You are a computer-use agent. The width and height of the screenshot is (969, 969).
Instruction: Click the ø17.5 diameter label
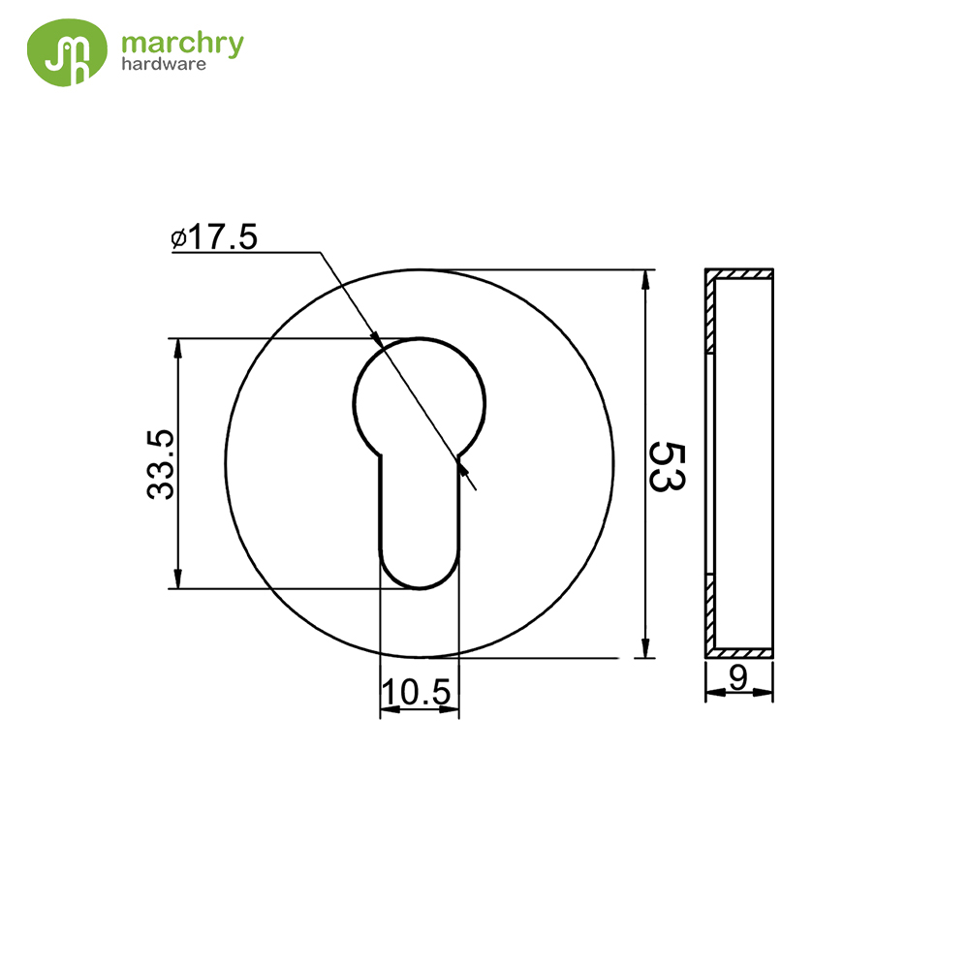[x=214, y=237]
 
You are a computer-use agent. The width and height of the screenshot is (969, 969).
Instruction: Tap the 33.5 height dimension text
[x=161, y=464]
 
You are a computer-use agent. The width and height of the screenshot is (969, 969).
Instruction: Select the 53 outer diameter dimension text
[x=668, y=467]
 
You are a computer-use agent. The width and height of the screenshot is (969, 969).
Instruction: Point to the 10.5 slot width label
[x=417, y=692]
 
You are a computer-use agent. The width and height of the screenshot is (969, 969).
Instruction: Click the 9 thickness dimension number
[x=737, y=678]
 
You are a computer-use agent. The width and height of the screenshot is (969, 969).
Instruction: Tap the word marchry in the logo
[x=182, y=44]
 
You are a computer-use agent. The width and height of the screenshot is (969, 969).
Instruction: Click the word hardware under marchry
[x=164, y=64]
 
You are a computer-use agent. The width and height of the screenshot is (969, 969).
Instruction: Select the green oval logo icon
[x=67, y=52]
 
